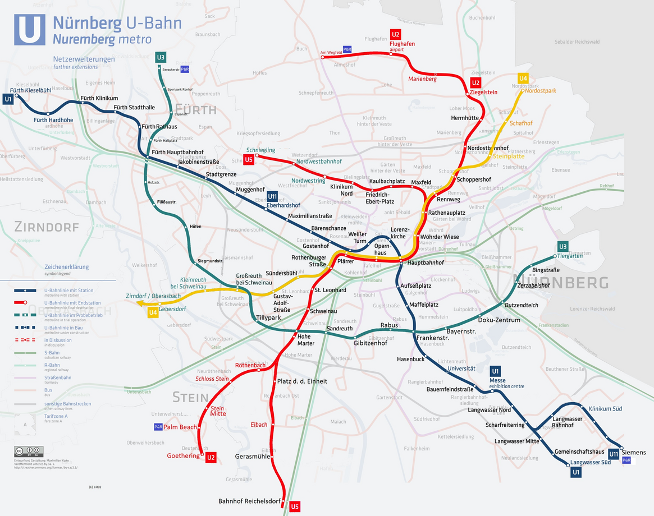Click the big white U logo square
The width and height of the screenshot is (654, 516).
point(30,30)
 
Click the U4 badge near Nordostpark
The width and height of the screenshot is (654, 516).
point(523,78)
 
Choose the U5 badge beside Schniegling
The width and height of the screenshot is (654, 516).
point(249,160)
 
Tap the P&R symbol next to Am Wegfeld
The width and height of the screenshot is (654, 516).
point(347,49)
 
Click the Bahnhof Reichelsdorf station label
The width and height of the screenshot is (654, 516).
point(248,501)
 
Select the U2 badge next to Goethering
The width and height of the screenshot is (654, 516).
point(211,458)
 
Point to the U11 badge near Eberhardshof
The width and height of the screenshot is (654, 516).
point(272,196)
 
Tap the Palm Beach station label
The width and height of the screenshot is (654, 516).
point(180,427)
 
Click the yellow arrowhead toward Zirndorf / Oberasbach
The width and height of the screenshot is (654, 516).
point(138,303)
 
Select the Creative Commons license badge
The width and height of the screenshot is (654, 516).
point(29,451)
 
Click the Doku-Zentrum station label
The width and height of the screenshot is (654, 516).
point(499,320)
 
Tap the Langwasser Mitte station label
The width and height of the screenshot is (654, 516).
point(516,441)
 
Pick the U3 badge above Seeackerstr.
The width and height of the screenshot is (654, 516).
point(161,57)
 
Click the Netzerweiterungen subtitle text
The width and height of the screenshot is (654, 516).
point(84,59)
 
